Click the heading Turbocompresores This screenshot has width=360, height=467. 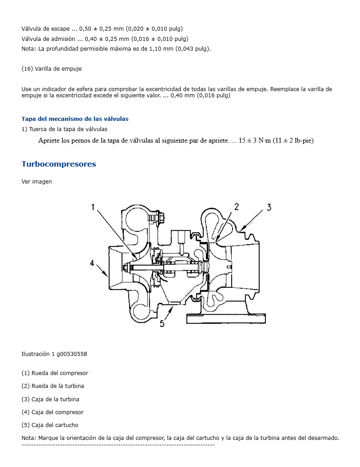(59, 164)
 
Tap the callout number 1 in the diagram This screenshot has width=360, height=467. (94, 207)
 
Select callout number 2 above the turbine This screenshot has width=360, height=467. (237, 206)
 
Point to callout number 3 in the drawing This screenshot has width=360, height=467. (269, 207)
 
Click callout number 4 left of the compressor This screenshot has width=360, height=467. (92, 263)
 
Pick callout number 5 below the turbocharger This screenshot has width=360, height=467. (162, 323)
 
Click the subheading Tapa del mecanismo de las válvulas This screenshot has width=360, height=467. (75, 119)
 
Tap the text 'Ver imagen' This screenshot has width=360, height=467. (36, 181)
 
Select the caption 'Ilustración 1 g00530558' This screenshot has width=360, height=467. (54, 354)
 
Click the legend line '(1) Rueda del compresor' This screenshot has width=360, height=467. (55, 373)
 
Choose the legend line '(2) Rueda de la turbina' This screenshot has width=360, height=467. (52, 386)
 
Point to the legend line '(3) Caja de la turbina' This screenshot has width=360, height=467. (50, 399)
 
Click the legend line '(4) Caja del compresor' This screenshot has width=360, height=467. (52, 412)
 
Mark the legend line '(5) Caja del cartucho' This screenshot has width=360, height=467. (50, 425)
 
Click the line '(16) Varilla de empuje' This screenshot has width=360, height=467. (51, 68)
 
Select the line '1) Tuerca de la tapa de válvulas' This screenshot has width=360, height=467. (64, 129)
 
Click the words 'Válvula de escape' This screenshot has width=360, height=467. (45, 28)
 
